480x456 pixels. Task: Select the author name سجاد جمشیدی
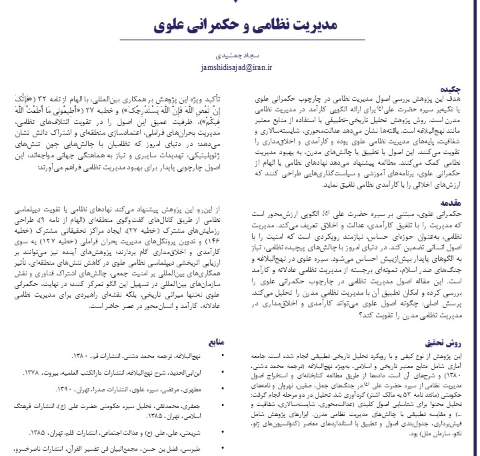240,57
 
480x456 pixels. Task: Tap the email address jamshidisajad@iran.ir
240,67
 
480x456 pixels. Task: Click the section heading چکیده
460,86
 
